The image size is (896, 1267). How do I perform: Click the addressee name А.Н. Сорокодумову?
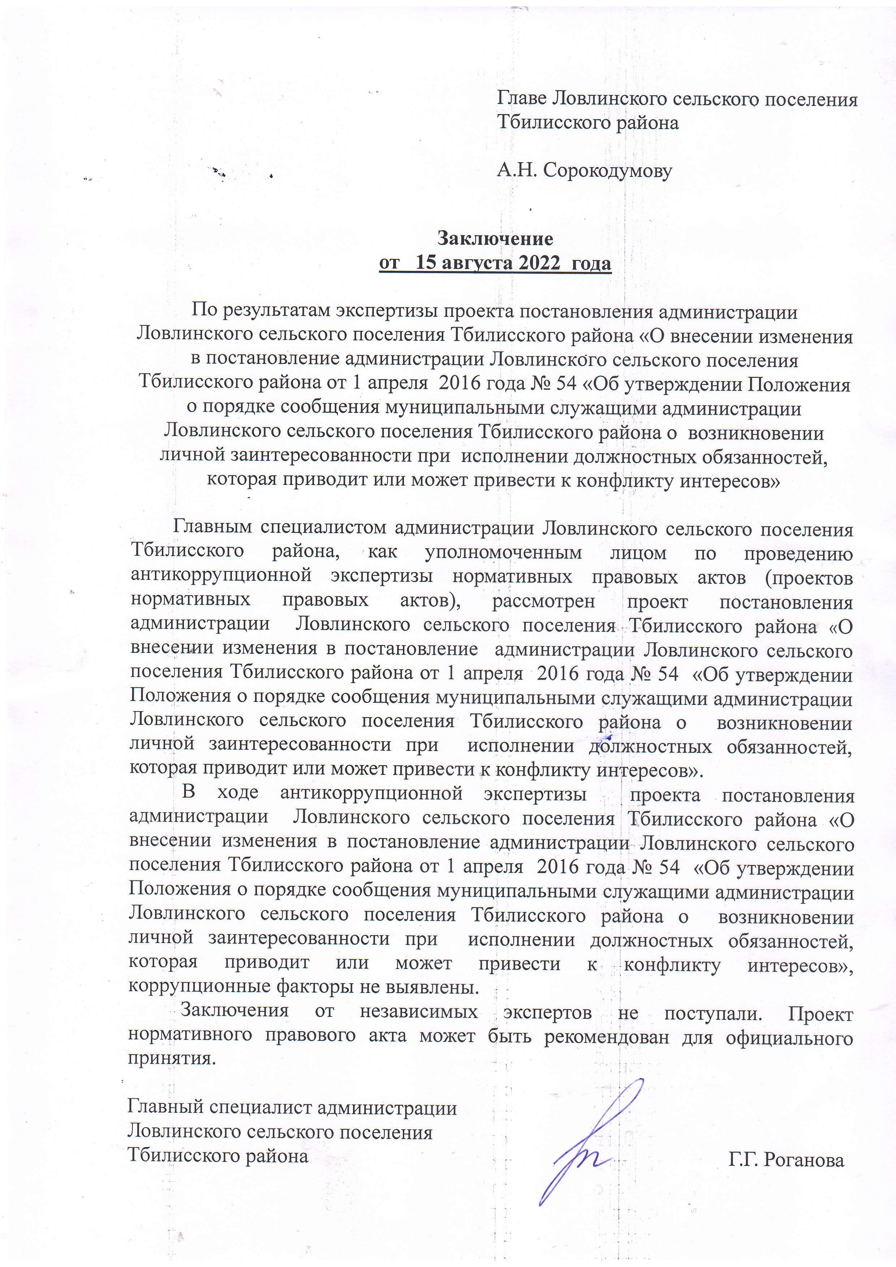tap(584, 171)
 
